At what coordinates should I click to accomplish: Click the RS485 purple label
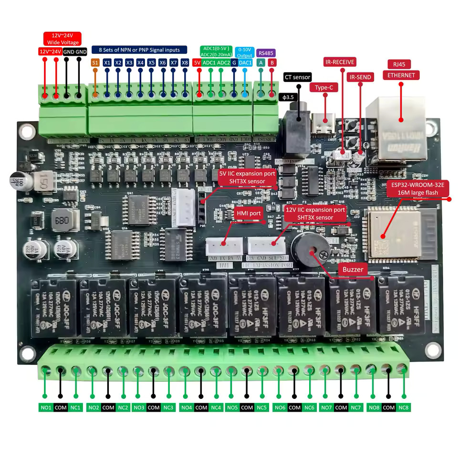click(266, 53)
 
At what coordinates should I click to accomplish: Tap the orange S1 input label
click(94, 62)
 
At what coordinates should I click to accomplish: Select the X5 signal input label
click(151, 62)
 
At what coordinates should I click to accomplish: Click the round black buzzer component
click(311, 250)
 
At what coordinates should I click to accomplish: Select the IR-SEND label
click(360, 77)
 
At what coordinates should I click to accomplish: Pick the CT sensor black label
click(297, 77)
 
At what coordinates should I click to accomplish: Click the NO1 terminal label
click(46, 407)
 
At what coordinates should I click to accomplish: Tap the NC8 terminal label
click(403, 407)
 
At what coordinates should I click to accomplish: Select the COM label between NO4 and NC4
click(201, 407)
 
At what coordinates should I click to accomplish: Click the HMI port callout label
click(248, 213)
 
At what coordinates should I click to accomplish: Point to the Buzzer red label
click(353, 270)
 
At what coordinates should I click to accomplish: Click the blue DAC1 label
click(245, 62)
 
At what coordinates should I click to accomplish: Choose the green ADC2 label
click(224, 62)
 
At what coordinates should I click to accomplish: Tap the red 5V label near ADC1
click(197, 62)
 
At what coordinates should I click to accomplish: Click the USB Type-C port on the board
click(324, 121)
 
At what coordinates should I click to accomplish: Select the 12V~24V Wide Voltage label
click(62, 39)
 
